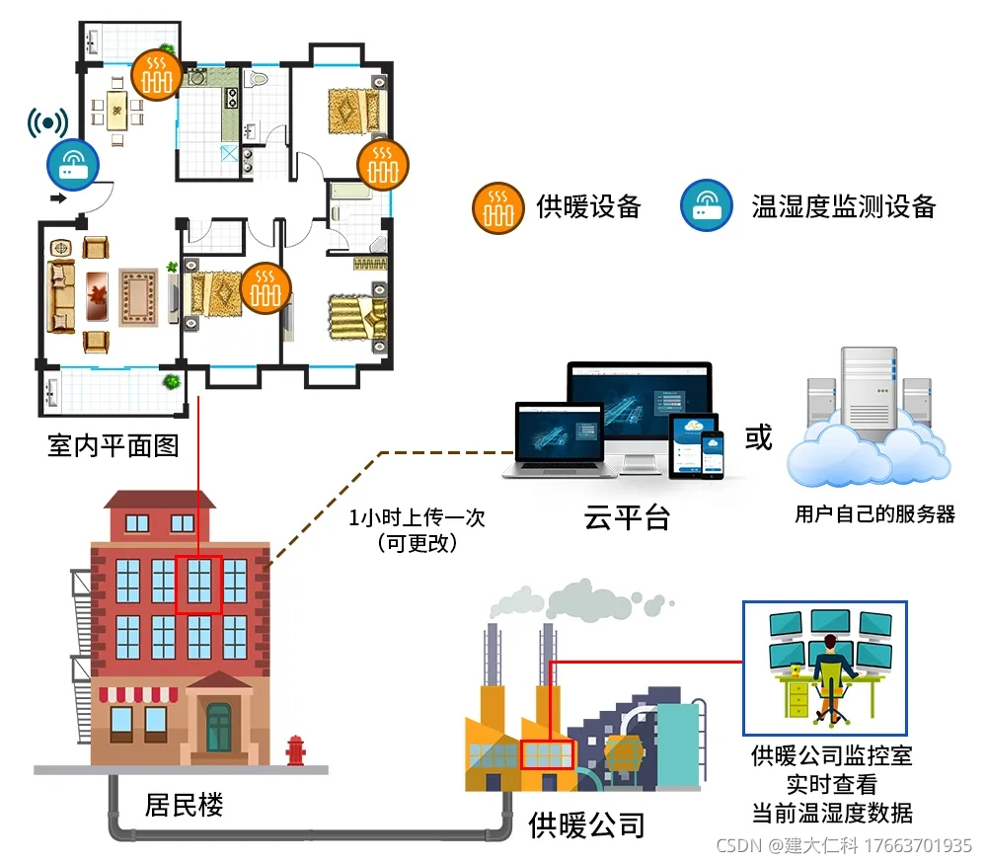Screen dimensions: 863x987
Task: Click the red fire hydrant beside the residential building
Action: point(295,750)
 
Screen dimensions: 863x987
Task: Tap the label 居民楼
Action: point(185,805)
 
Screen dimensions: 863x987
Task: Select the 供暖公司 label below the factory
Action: point(586,824)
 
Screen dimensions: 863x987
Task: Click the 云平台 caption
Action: point(627,516)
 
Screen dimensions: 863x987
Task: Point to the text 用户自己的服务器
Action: point(874,513)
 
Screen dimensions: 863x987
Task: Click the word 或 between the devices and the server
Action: point(758,437)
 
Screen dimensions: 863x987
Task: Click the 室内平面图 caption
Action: point(114,445)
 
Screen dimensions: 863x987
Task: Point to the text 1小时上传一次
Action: point(418,518)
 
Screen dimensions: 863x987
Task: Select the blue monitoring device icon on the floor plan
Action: point(72,166)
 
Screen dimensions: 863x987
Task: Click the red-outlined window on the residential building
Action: point(199,585)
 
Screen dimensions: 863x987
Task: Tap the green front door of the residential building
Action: point(218,728)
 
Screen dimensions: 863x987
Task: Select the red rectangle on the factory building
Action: point(547,754)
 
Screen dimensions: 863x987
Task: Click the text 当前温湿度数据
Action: point(831,814)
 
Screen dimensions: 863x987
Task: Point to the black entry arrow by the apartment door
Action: point(58,197)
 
